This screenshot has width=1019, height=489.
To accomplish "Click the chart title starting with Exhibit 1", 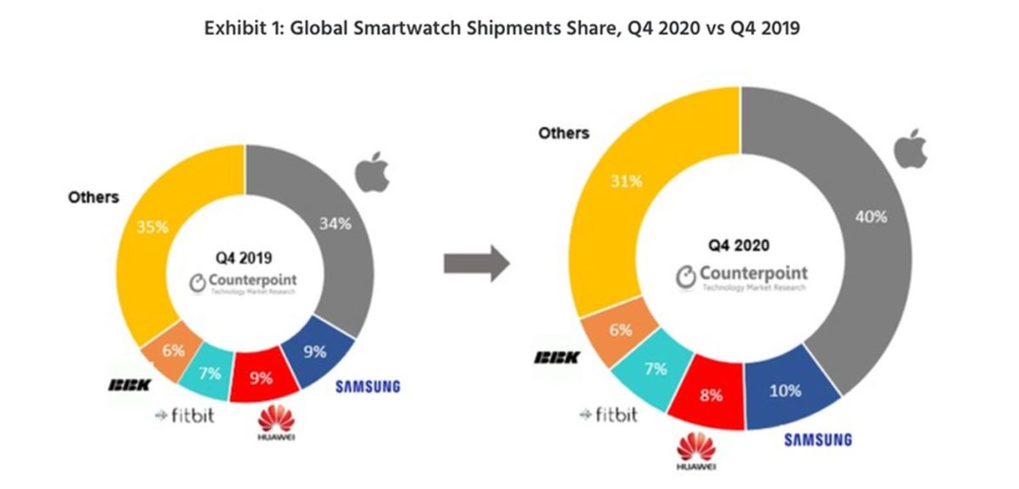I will [x=503, y=27].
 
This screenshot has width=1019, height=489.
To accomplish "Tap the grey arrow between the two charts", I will [x=476, y=266].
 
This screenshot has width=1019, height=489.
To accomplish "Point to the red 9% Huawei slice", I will [x=262, y=377].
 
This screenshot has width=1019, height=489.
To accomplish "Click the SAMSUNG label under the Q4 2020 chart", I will [x=817, y=440].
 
